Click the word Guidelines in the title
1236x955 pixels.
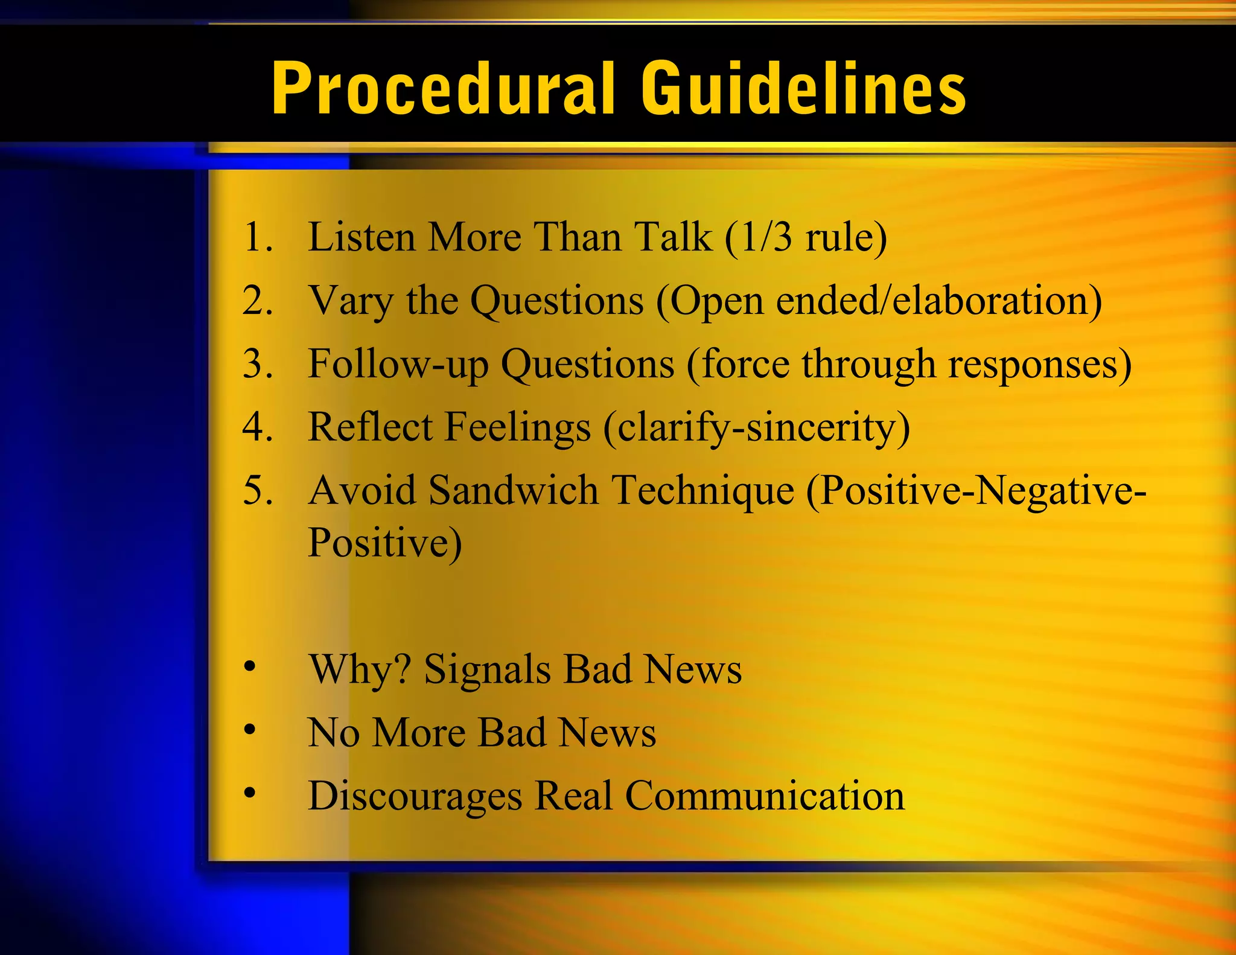click(x=803, y=89)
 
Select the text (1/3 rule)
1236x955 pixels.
click(x=806, y=237)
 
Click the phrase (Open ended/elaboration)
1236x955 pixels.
click(x=879, y=301)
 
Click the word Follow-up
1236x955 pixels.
click(x=398, y=364)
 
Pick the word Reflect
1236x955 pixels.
click(x=370, y=427)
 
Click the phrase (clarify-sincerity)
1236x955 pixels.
click(x=756, y=427)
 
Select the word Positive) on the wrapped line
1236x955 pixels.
click(x=384, y=542)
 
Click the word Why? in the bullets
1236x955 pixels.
click(x=360, y=669)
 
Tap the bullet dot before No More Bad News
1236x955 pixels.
click(x=250, y=730)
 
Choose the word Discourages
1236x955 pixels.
click(x=415, y=796)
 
